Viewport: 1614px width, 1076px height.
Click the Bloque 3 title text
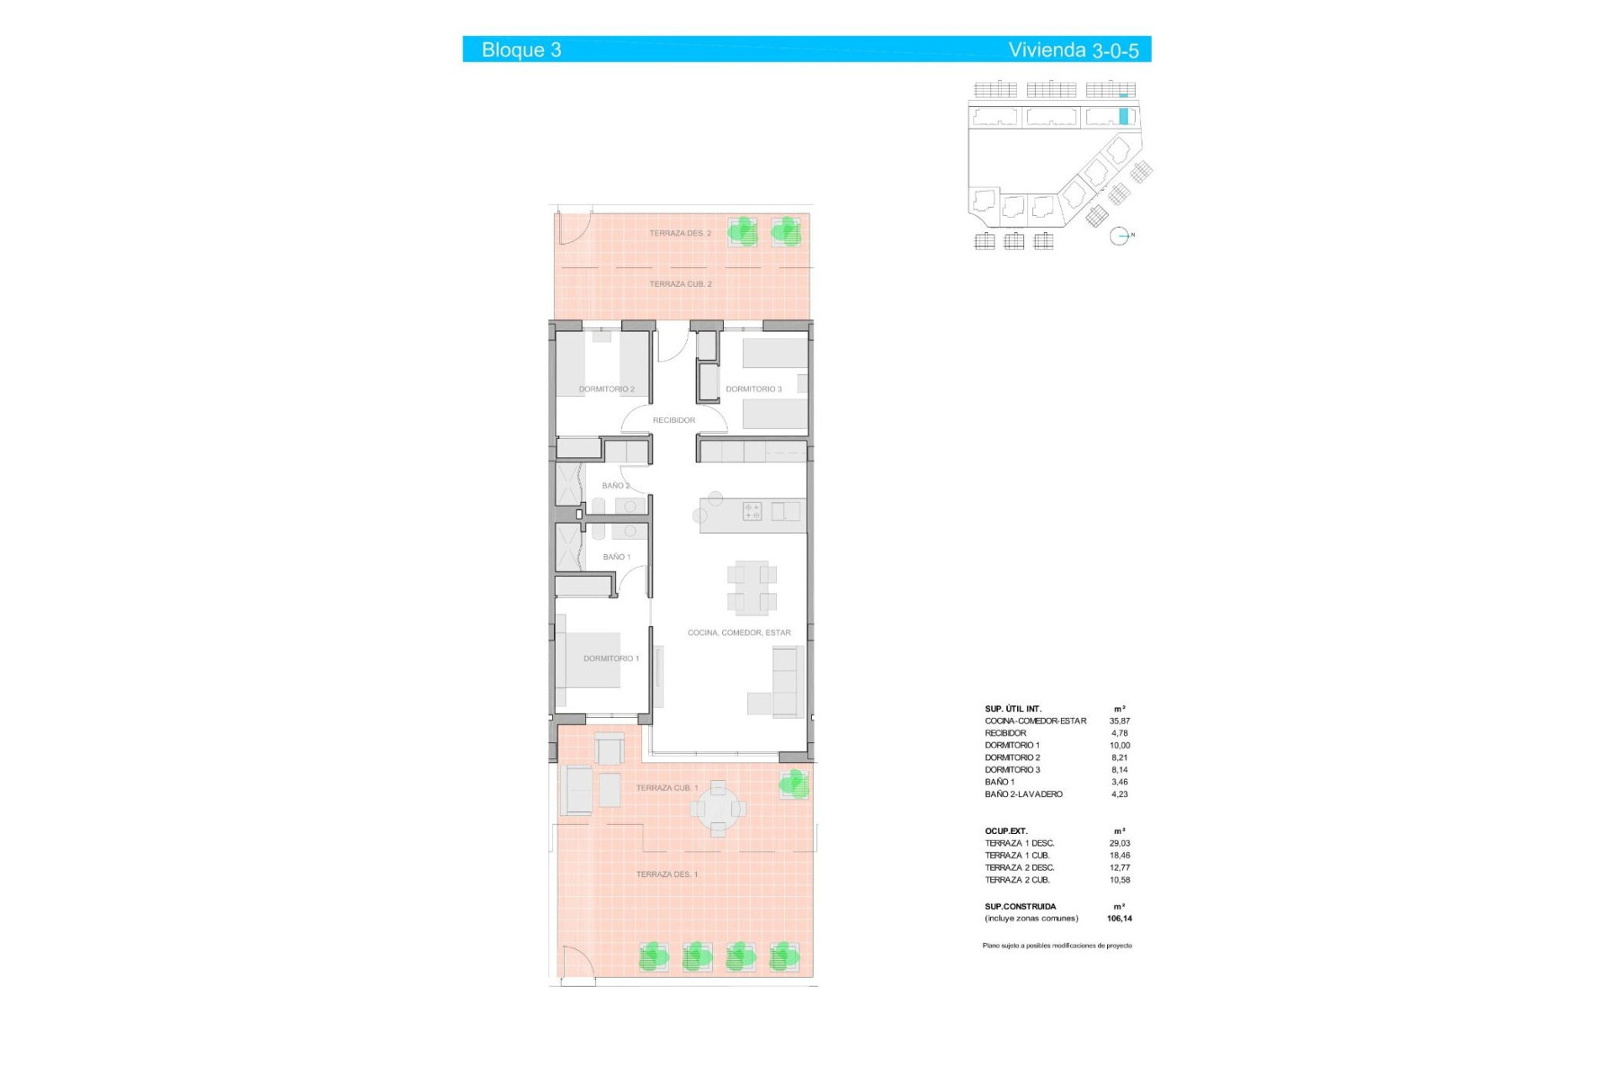[x=521, y=50]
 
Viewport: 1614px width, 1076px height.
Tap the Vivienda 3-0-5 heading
[x=1073, y=50]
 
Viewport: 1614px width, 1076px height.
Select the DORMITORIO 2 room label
[x=606, y=389]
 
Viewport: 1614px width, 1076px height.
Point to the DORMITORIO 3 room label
[x=753, y=389]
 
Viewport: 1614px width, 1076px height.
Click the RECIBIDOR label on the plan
[x=674, y=420]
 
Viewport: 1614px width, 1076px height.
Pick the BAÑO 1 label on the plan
[x=616, y=557]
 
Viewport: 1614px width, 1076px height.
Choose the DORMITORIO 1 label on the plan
[x=611, y=658]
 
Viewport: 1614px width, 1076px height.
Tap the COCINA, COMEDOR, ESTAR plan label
[x=739, y=633]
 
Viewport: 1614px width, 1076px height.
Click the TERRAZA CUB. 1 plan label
[x=667, y=789]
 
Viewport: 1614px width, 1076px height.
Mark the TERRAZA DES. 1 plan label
[x=667, y=874]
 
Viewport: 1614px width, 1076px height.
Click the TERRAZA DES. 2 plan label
[x=680, y=234]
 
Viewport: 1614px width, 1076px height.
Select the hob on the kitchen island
[x=752, y=511]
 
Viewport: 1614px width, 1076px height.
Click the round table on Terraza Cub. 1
[x=718, y=809]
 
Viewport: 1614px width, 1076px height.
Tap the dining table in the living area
[x=752, y=587]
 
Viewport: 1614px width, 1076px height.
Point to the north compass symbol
[x=1119, y=236]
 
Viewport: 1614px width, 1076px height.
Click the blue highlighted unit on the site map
[x=1123, y=117]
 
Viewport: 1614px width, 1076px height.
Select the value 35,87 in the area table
[x=1119, y=721]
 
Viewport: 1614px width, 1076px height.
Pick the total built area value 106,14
[x=1119, y=919]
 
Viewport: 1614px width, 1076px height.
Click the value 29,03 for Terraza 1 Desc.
[x=1119, y=843]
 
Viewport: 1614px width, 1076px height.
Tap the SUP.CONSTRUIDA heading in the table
[x=1021, y=907]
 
